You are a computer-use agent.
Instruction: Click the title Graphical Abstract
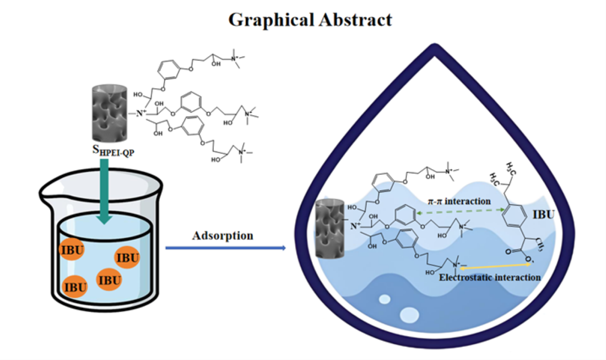tap(310, 19)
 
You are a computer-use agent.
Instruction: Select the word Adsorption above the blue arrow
tap(223, 235)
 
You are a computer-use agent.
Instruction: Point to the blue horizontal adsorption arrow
tap(225, 249)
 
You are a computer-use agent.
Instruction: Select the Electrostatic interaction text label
tap(490, 277)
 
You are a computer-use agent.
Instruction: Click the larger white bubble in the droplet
tap(409, 315)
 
